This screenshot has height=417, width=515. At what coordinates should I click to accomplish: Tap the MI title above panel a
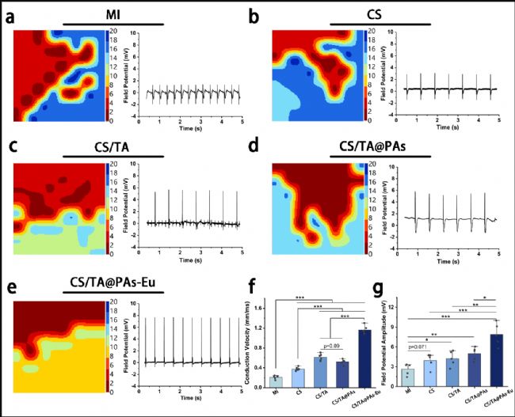click(x=113, y=15)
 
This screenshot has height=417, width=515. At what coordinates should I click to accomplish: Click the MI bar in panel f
click(x=276, y=380)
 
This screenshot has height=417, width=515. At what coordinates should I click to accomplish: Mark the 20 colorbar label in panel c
click(x=114, y=164)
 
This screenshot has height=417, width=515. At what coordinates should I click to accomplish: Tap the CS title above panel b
click(x=374, y=15)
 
